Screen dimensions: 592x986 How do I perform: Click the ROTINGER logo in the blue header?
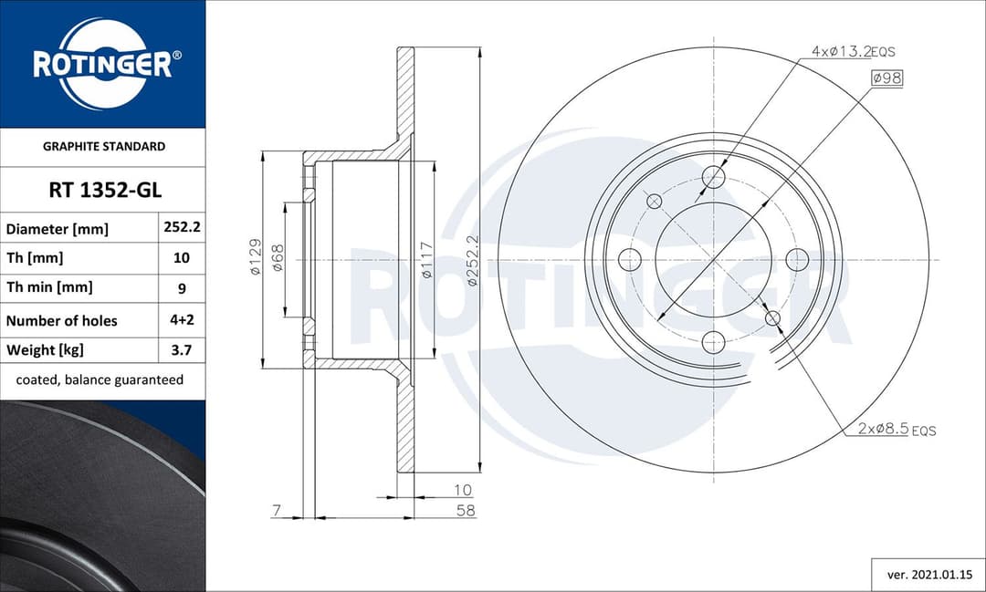click(102, 64)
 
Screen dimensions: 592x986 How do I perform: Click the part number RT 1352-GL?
click(104, 191)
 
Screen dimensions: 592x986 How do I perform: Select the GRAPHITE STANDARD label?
click(104, 146)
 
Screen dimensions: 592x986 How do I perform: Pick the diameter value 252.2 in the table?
click(182, 228)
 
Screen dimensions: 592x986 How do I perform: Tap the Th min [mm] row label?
click(49, 287)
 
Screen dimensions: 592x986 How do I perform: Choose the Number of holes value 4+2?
click(182, 320)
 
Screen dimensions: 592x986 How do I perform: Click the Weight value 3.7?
click(182, 349)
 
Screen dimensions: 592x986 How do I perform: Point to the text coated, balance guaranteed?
click(100, 379)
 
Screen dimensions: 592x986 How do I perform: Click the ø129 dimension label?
click(256, 257)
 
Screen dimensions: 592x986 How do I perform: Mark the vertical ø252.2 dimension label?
click(472, 261)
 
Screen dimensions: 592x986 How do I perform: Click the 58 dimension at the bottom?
click(465, 511)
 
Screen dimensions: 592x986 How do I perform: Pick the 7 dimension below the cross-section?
click(276, 511)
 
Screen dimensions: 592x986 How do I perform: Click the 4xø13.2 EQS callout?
click(853, 52)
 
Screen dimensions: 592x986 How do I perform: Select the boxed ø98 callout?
click(886, 78)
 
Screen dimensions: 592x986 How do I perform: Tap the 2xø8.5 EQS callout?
click(896, 429)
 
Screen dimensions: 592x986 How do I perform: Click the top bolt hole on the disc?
click(713, 176)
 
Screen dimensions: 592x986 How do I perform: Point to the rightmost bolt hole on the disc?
click(797, 259)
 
